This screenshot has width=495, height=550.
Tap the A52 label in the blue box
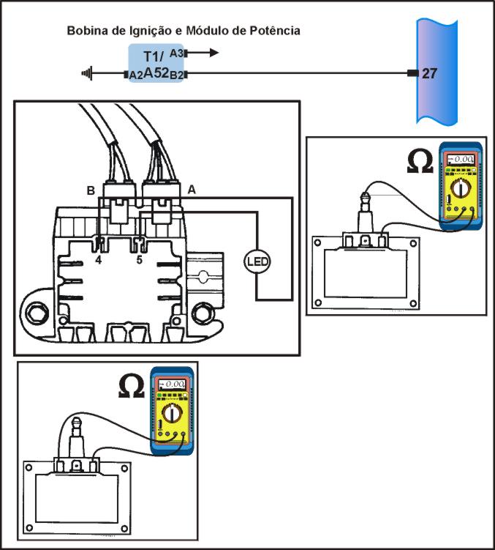tap(156, 73)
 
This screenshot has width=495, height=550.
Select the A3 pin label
tap(176, 53)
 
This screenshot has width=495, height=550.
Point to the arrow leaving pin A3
tap(203, 53)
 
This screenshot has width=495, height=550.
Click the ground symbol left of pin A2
tap(87, 73)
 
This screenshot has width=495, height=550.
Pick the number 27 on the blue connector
tap(429, 73)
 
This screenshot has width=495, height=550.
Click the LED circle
tap(257, 261)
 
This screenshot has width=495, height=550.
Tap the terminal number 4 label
tap(99, 260)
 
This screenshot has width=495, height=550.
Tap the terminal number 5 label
tap(140, 260)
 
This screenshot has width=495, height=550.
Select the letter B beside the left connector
tap(91, 190)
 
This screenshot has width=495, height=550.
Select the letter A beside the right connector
tap(192, 190)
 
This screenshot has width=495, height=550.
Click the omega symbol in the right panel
tap(420, 161)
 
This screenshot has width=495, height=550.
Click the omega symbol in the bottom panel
tap(132, 386)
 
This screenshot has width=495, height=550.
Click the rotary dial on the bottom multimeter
tap(172, 413)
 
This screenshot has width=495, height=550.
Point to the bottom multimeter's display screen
tap(172, 384)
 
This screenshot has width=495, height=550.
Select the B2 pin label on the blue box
tap(176, 75)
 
